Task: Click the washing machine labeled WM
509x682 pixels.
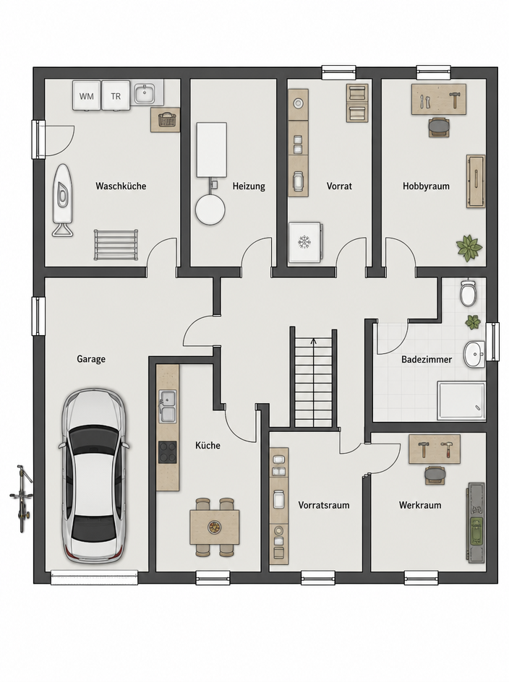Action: [87, 95]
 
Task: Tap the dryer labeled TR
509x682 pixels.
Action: [116, 95]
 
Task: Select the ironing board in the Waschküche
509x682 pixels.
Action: [63, 199]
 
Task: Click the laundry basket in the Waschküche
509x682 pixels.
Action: [166, 119]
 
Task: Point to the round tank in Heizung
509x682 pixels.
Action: [210, 210]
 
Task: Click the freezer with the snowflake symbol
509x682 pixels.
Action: [305, 242]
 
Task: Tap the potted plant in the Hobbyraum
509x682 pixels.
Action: [469, 249]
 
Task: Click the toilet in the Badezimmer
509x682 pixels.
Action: [468, 293]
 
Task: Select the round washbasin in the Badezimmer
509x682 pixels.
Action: [474, 354]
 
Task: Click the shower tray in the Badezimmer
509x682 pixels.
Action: [461, 401]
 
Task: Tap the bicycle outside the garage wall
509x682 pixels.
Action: [22, 498]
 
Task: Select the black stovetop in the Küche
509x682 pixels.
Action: [168, 453]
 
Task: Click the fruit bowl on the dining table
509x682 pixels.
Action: [214, 527]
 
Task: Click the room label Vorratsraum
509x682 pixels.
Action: [323, 505]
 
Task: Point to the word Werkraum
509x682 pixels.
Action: [420, 505]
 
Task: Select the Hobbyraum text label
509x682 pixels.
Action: [426, 186]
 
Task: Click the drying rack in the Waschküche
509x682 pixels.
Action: [116, 245]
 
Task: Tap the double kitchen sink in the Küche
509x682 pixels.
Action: [168, 406]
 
